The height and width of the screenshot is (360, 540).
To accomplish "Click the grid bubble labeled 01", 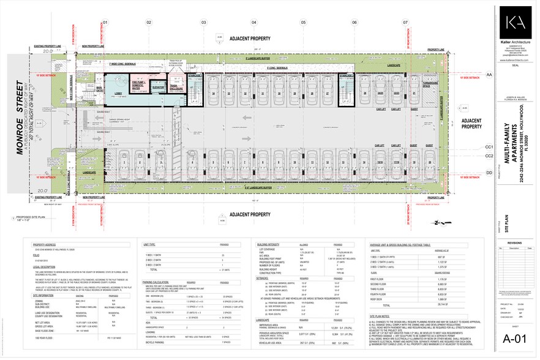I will pyautogui.click(x=105, y=23).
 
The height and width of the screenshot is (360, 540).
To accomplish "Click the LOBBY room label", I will pyautogui.click(x=118, y=94).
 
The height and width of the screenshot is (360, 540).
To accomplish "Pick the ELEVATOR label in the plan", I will pyautogui.click(x=157, y=88).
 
